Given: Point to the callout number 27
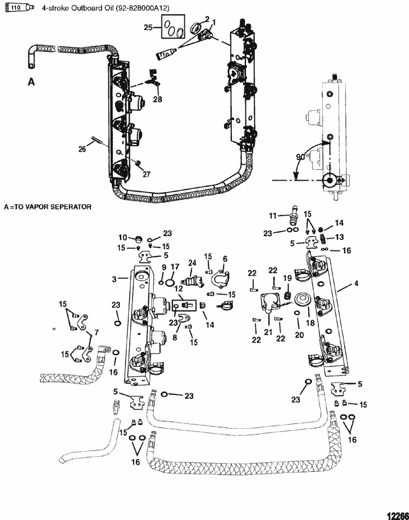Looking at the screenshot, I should [146, 174].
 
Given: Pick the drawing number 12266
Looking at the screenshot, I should [395, 513].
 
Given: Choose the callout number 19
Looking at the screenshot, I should [286, 278].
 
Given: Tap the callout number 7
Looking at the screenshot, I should [97, 332].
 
